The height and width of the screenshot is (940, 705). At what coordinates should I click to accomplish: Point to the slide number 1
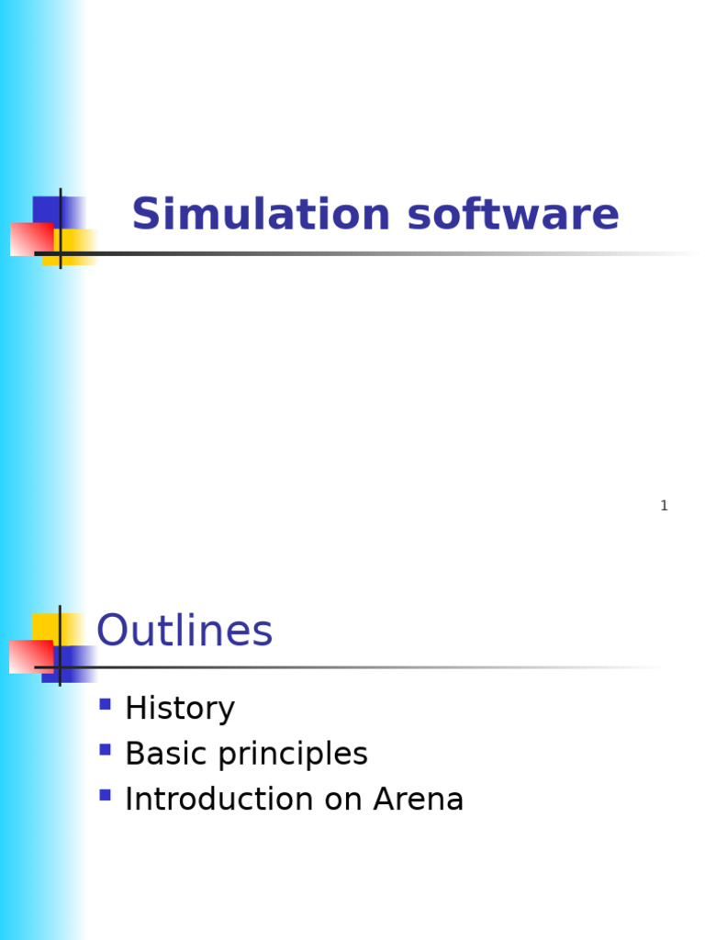(x=664, y=506)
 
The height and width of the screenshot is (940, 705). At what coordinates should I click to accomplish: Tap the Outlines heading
(x=185, y=632)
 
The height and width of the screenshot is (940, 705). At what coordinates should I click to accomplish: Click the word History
(x=180, y=709)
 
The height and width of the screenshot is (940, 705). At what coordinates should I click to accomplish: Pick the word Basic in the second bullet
(x=160, y=754)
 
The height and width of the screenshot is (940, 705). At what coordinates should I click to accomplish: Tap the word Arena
(x=419, y=800)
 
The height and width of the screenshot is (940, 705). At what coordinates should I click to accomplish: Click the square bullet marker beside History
(x=105, y=704)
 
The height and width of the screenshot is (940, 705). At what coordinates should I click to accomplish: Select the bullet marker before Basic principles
(x=105, y=749)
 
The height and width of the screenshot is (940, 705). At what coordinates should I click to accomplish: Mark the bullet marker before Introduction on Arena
(x=105, y=795)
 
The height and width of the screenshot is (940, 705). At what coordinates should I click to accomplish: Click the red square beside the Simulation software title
(x=28, y=239)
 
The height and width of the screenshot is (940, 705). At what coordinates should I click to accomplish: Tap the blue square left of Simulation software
(x=48, y=209)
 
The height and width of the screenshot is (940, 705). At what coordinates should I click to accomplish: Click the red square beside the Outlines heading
(x=28, y=656)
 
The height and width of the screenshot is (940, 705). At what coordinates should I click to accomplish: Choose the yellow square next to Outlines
(x=46, y=626)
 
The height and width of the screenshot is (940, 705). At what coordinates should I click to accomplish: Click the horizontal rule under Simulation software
(x=367, y=253)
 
